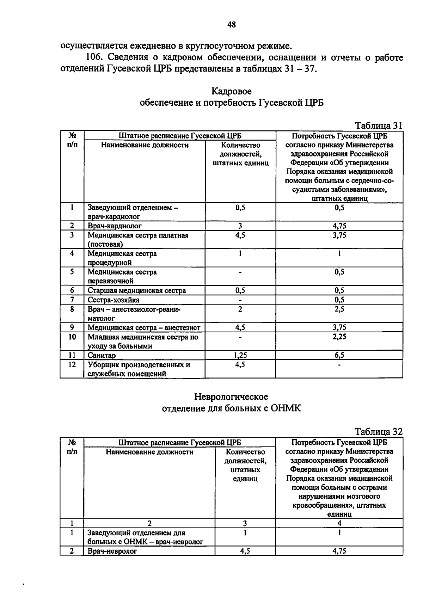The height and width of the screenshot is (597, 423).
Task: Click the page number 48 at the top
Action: [x=232, y=24]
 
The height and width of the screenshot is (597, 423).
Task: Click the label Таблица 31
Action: [x=378, y=125]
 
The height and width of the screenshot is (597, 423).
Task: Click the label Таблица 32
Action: [x=378, y=432]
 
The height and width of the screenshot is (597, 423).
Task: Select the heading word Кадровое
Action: [x=232, y=91]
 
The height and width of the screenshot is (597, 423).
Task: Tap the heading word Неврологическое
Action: [x=231, y=397]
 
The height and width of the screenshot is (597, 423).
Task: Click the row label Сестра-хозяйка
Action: [x=113, y=300]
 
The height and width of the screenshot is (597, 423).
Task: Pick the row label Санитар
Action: [x=102, y=355]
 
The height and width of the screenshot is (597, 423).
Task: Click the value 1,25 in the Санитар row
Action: [x=240, y=355]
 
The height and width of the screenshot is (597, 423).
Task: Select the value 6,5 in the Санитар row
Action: [x=339, y=355]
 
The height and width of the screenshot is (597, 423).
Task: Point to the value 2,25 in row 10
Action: [x=339, y=337]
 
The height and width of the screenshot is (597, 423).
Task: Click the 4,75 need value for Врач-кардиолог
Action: [x=339, y=226]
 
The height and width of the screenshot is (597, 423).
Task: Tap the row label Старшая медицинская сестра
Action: [x=136, y=291]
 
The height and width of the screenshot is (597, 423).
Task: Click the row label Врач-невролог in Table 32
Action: [x=112, y=551]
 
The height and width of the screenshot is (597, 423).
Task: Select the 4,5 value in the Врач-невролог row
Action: [x=245, y=551]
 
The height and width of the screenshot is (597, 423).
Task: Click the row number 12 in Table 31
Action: [x=72, y=365]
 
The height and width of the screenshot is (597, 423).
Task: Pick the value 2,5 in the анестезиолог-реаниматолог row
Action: [x=339, y=309]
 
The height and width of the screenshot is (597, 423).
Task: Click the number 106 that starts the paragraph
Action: [x=94, y=57]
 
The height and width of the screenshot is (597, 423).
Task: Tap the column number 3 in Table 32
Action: [x=245, y=523]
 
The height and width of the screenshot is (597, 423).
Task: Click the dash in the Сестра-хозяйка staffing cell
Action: [x=240, y=300]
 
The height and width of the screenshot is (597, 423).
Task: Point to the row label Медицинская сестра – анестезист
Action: [x=143, y=328]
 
